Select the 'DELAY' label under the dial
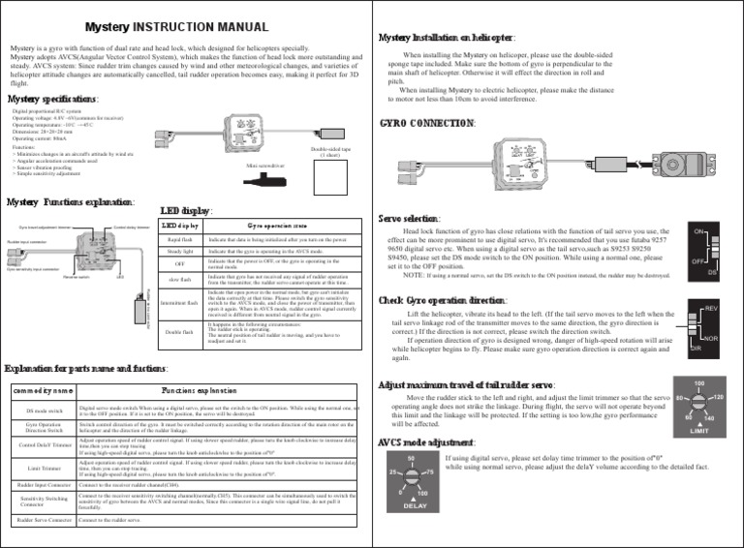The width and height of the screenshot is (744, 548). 415,504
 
